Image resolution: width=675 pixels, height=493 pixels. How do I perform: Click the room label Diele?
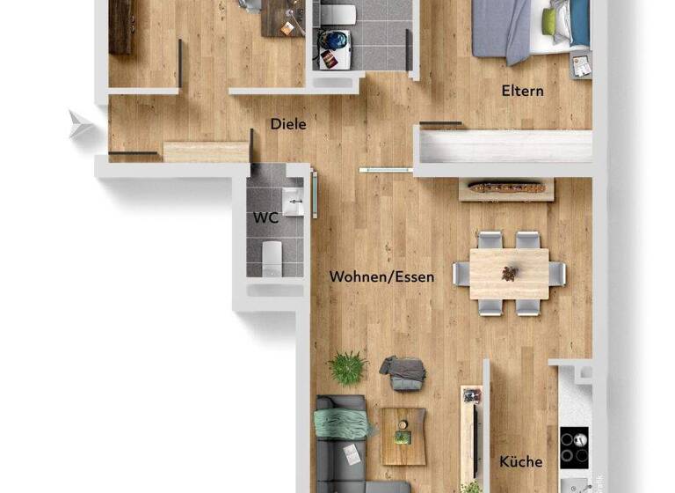[x=288, y=124]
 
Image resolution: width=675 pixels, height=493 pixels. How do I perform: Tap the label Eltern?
[x=522, y=91]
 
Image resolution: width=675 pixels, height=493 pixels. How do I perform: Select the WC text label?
[x=265, y=217]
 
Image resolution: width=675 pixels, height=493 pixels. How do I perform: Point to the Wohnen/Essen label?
[x=381, y=276]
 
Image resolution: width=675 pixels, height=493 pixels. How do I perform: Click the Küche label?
[x=520, y=461]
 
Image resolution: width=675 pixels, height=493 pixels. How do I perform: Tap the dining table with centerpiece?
[x=509, y=274]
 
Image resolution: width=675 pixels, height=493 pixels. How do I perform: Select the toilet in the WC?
[x=273, y=256]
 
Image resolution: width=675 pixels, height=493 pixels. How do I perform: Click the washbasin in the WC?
[x=294, y=202]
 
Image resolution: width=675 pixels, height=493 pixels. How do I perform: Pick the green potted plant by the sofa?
[x=348, y=368]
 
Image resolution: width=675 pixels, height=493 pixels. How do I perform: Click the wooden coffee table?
[x=403, y=435]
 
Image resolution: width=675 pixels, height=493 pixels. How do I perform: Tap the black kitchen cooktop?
[x=576, y=446]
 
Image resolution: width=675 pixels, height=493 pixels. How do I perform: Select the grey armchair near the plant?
[x=403, y=372]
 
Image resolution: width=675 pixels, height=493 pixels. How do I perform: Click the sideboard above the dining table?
[x=507, y=189]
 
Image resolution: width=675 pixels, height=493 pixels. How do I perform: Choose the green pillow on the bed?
[x=549, y=22]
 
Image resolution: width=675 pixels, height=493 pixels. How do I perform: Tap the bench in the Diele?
[x=206, y=151]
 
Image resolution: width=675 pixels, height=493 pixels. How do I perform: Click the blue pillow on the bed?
[x=578, y=23]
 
